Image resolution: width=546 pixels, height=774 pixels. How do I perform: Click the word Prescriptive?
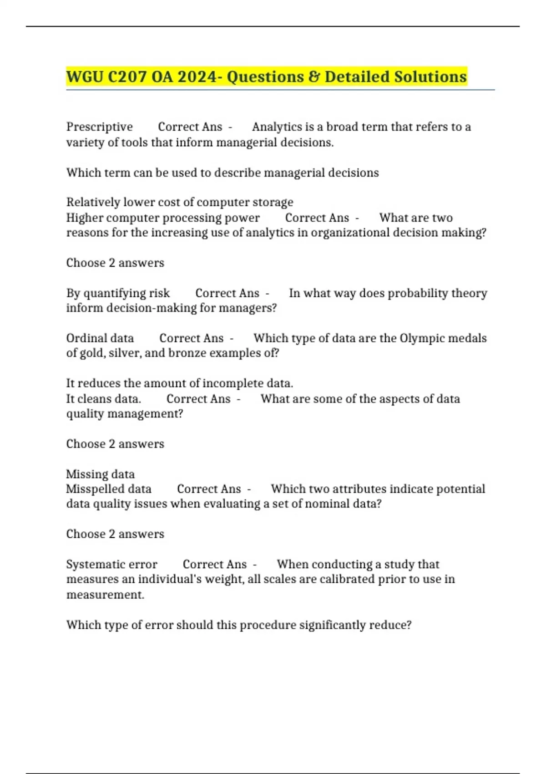[99, 127]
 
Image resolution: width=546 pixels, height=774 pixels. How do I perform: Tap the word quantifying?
[113, 293]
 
